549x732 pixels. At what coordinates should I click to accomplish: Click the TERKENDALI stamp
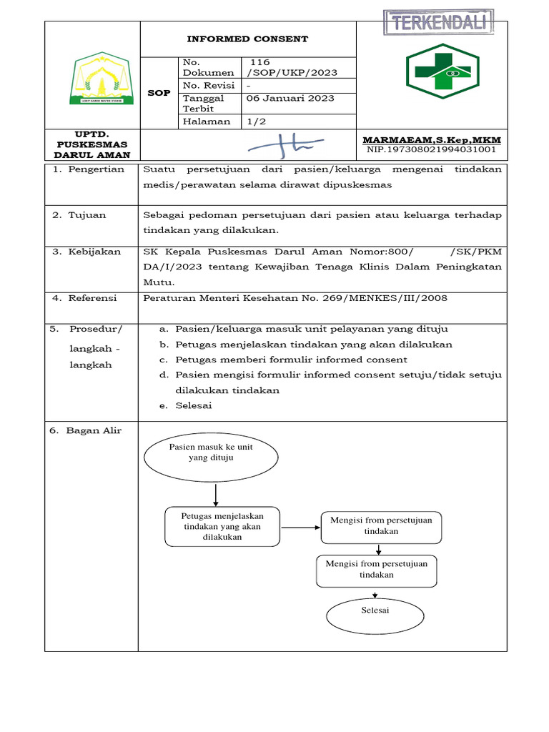click(x=438, y=23)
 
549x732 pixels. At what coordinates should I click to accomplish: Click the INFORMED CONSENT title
click(x=247, y=39)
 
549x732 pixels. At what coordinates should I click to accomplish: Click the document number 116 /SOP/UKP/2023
click(x=291, y=67)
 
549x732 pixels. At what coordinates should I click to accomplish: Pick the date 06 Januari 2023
click(x=290, y=99)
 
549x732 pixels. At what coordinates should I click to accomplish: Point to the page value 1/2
click(x=256, y=122)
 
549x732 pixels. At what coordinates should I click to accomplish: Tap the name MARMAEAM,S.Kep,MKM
click(x=432, y=139)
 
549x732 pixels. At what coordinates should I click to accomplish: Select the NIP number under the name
click(x=432, y=150)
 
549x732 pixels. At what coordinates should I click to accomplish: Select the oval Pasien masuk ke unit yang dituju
click(x=211, y=458)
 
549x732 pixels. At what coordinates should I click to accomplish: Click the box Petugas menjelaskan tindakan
click(x=222, y=527)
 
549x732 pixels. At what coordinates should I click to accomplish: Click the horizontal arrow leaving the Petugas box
click(x=300, y=528)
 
